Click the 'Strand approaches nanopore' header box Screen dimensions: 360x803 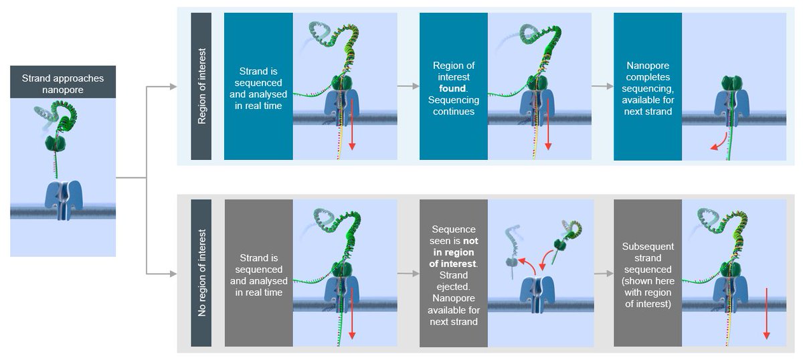point(63,83)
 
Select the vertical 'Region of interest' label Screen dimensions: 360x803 point(201,87)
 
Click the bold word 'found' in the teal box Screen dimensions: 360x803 point(453,88)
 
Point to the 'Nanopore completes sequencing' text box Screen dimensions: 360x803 point(648,87)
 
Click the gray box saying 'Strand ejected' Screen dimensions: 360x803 point(453,274)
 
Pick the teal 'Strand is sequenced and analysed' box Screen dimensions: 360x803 point(258,87)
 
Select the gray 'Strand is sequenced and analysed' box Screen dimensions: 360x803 point(258,274)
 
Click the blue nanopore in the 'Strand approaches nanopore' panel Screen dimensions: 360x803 point(62,197)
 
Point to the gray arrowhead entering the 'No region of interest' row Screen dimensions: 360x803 point(173,274)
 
